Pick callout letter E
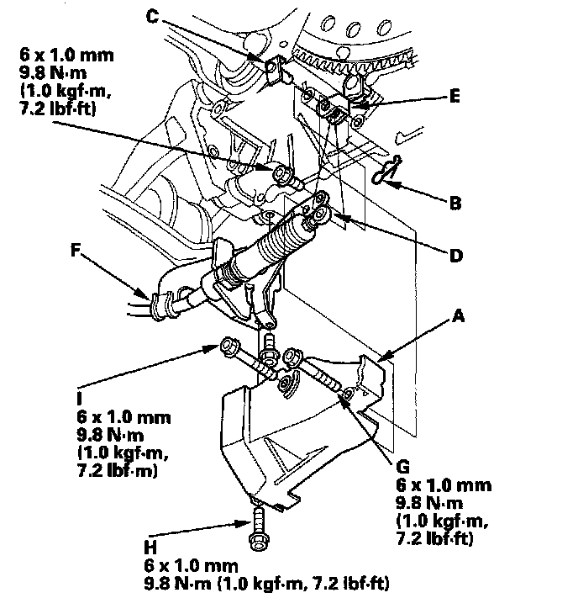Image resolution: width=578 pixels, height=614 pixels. pos(455,97)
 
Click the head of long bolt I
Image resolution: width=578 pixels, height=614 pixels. pos(228,347)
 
